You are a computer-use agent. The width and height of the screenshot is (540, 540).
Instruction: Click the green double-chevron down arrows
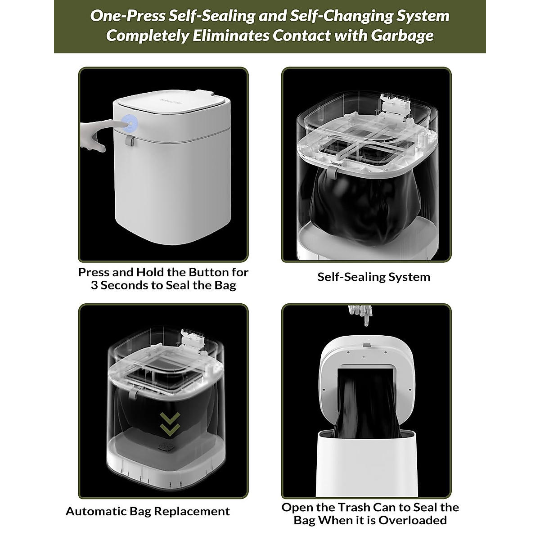(171, 423)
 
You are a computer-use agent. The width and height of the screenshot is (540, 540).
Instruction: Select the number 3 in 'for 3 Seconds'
(94, 285)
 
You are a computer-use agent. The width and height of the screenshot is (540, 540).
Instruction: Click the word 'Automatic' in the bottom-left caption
(96, 511)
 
